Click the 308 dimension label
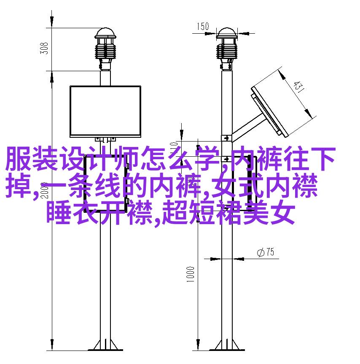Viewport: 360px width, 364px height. pos(44,48)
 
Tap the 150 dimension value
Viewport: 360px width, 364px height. pos(203,26)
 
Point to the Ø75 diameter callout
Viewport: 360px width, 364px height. pos(266,252)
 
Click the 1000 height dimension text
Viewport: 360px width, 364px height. pos(190,274)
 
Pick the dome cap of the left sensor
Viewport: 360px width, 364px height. pos(105,33)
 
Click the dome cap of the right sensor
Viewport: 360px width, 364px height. pos(227,33)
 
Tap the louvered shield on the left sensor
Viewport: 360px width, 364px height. pos(105,51)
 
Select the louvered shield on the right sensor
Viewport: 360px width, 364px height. pos(227,51)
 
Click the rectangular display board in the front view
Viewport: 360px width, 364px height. pos(105,111)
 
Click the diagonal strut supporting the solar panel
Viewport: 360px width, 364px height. pos(247,128)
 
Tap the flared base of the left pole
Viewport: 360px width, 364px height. pos(105,345)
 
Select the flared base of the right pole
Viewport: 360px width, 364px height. pos(227,345)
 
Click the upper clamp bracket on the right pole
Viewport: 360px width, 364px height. pos(226,138)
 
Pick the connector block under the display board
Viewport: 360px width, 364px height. pos(105,139)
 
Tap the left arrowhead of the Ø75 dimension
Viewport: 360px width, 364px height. pos(215,259)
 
